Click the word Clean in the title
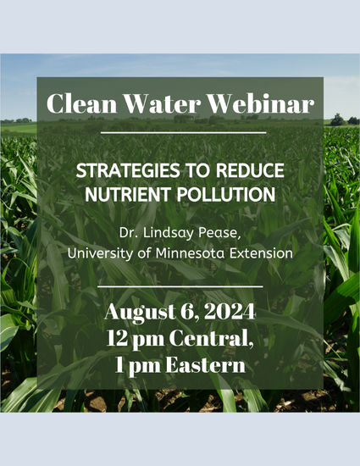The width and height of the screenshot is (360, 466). click(x=81, y=103)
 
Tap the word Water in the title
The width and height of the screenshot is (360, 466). click(x=162, y=103)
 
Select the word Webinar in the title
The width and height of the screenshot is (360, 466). click(x=261, y=103)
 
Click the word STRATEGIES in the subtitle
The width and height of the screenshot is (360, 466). click(x=128, y=170)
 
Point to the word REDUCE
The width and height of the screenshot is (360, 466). click(x=250, y=170)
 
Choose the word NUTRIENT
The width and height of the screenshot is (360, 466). click(x=128, y=194)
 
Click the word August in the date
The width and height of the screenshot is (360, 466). click(x=141, y=313)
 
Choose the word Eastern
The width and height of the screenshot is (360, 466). click(x=206, y=364)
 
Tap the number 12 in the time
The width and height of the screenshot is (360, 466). click(x=116, y=339)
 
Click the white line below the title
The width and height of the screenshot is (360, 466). click(x=183, y=133)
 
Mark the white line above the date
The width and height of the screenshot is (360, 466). click(x=180, y=286)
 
